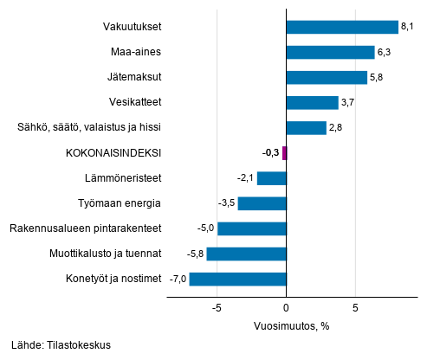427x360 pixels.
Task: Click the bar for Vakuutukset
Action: [341, 27]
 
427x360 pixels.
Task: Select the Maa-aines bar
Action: [329, 52]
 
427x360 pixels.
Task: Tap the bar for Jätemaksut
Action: [326, 78]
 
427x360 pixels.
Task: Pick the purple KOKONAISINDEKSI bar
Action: [284, 153]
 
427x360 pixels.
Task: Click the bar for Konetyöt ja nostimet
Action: [237, 279]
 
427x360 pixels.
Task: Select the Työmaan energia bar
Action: [262, 203]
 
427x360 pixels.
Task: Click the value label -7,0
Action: [177, 279]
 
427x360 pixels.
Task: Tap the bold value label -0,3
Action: [269, 153]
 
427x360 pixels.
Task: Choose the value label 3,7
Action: [348, 103]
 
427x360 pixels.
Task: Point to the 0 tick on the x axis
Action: [286, 307]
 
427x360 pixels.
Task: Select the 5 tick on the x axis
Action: [355, 307]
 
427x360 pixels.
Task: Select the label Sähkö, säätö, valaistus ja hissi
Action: [89, 128]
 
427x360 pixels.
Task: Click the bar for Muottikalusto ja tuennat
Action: [246, 254]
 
